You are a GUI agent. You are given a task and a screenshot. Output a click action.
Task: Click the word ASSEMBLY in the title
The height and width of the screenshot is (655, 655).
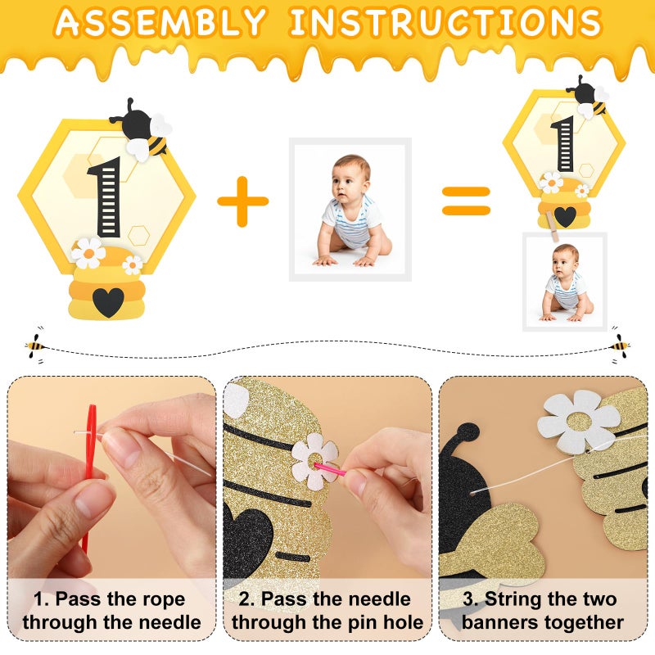click(x=163, y=23)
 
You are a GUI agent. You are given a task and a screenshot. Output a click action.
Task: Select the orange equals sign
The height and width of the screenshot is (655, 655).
click(x=466, y=201)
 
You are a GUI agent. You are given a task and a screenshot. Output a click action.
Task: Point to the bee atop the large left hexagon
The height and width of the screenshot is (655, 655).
click(x=142, y=131)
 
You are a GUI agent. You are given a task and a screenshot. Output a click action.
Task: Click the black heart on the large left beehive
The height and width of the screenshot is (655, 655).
click(x=107, y=301)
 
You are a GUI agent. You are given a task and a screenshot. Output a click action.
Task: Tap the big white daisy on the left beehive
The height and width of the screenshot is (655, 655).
click(x=88, y=253)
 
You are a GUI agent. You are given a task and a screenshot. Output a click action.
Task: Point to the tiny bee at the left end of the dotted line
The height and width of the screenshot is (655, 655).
click(x=35, y=344)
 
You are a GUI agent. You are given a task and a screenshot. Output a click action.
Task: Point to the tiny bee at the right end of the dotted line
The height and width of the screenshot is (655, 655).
click(x=619, y=344)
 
